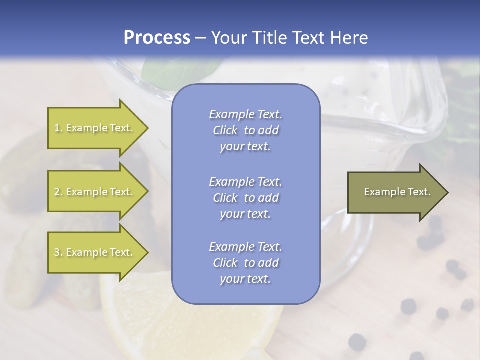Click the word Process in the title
pyautogui.click(x=157, y=38)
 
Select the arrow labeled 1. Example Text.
pyautogui.click(x=95, y=128)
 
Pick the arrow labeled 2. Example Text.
pyautogui.click(x=95, y=192)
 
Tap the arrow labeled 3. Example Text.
pyautogui.click(x=95, y=252)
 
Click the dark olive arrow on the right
pyautogui.click(x=395, y=192)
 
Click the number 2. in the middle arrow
pyautogui.click(x=58, y=192)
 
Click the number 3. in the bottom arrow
pyautogui.click(x=58, y=252)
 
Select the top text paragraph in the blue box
pyautogui.click(x=245, y=130)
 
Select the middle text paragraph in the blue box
pyautogui.click(x=245, y=198)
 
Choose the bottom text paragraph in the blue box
pyautogui.click(x=245, y=263)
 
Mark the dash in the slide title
pyautogui.click(x=200, y=38)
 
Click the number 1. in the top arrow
pyautogui.click(x=58, y=128)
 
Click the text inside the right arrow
pyautogui.click(x=397, y=192)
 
